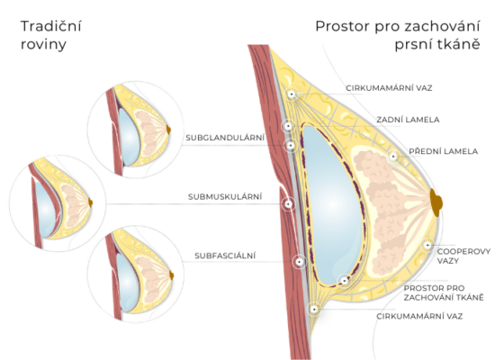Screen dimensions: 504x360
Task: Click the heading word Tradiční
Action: pyautogui.click(x=51, y=26)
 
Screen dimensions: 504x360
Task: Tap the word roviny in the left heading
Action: pyautogui.click(x=43, y=44)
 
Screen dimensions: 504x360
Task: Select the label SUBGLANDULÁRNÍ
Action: pyautogui.click(x=225, y=138)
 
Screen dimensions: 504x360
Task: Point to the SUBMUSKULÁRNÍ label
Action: pyautogui.click(x=225, y=196)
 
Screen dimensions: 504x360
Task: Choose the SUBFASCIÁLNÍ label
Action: pyautogui.click(x=225, y=256)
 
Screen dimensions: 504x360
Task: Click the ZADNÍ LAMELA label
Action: pyautogui.click(x=408, y=120)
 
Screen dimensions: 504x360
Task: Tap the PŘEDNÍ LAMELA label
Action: pyautogui.click(x=443, y=151)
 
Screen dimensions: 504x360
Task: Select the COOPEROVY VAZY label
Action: pyautogui.click(x=463, y=256)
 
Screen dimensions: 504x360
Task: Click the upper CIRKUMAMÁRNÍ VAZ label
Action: pyautogui.click(x=389, y=88)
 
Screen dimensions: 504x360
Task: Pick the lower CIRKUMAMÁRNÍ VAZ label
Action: pyautogui.click(x=419, y=316)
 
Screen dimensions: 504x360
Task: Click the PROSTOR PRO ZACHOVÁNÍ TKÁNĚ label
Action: pyautogui.click(x=444, y=292)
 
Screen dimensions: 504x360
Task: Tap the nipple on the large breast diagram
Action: pyautogui.click(x=436, y=202)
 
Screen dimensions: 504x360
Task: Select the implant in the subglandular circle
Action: pyautogui.click(x=129, y=137)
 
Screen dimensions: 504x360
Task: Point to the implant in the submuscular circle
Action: pyautogui.click(x=45, y=209)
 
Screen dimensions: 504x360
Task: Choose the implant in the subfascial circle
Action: pyautogui.click(x=127, y=283)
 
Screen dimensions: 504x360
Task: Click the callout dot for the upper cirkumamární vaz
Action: pyautogui.click(x=292, y=94)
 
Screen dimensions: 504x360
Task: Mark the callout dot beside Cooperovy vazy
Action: pyautogui.click(x=427, y=245)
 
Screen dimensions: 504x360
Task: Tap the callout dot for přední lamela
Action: pyautogui.click(x=393, y=157)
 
